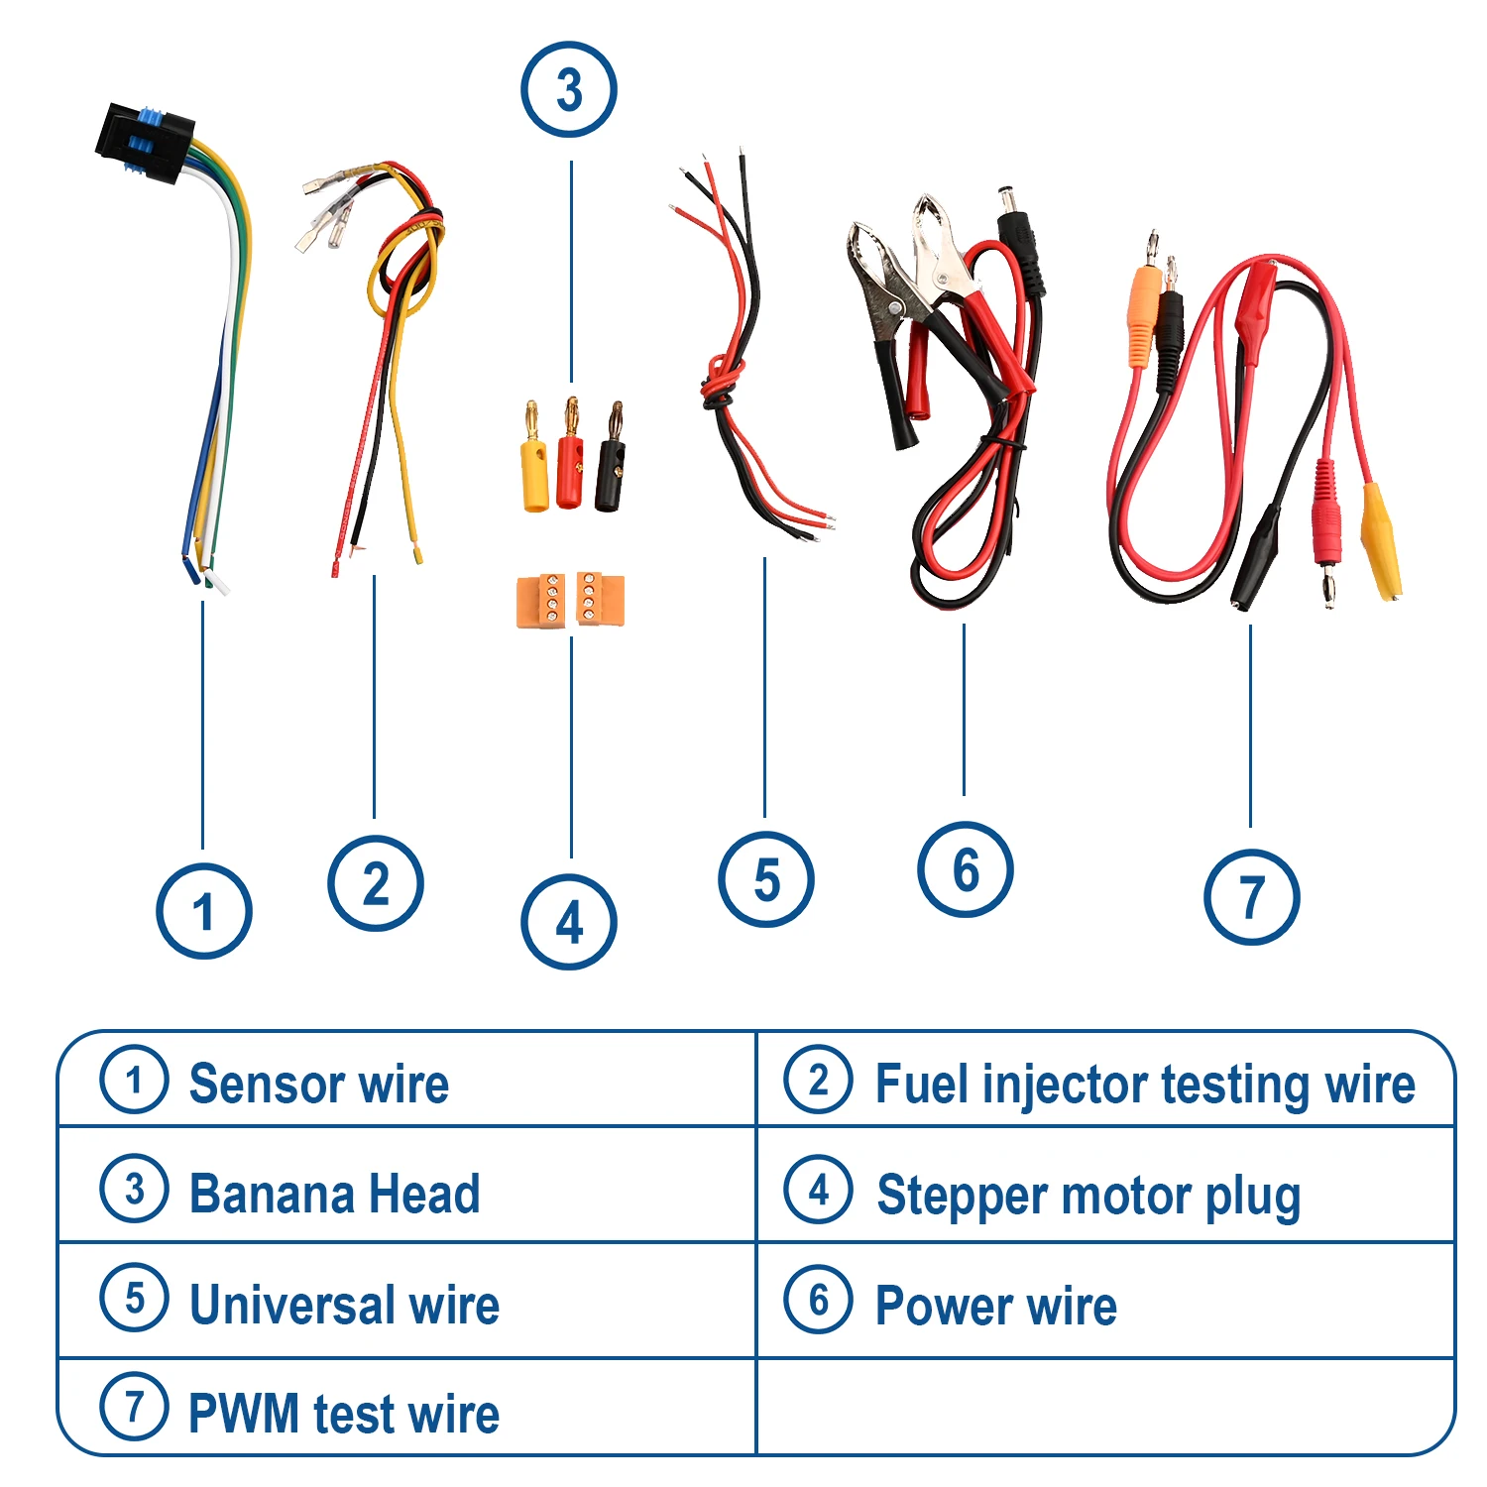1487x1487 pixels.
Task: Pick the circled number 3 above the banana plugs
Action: coord(569,90)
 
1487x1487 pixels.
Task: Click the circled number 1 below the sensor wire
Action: coord(203,911)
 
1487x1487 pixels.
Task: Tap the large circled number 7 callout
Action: coord(1251,897)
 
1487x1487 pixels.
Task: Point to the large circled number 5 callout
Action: coord(766,879)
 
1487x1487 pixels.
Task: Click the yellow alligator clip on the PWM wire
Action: coord(1380,540)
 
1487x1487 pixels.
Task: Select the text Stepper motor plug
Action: coord(1088,1196)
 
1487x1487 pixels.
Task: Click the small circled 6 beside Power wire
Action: coord(818,1300)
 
